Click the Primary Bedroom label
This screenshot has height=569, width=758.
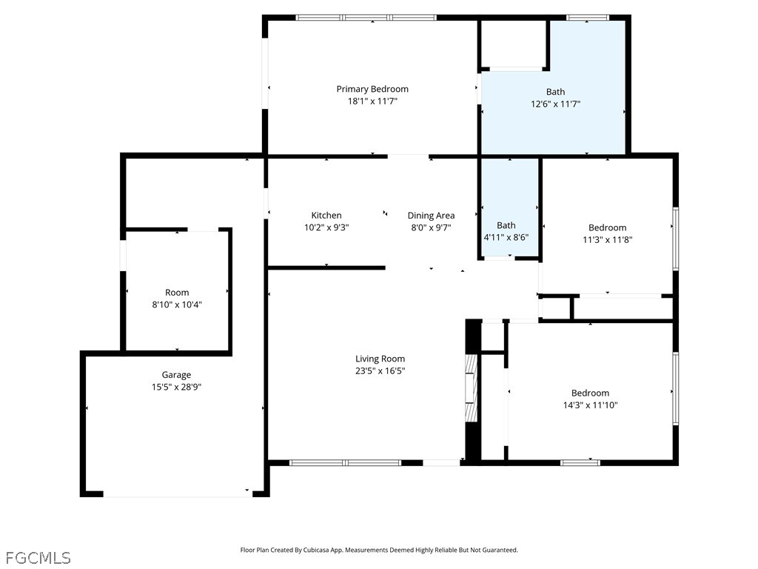click(372, 89)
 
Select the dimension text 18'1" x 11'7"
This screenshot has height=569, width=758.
click(372, 102)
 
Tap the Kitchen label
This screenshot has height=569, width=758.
click(326, 216)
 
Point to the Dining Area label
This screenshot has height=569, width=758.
click(431, 216)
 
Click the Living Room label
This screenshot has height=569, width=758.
click(380, 359)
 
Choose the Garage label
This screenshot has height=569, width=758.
click(176, 375)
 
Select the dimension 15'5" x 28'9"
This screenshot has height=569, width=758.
click(176, 387)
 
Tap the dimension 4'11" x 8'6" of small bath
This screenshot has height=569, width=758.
click(506, 238)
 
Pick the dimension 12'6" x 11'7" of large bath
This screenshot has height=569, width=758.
click(555, 104)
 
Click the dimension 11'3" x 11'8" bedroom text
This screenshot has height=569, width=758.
click(607, 239)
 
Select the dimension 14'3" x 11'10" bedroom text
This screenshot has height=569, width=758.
click(590, 405)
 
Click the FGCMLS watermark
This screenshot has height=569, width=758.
click(38, 557)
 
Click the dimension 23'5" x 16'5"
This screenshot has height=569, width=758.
click(380, 371)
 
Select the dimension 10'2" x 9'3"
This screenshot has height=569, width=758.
click(326, 228)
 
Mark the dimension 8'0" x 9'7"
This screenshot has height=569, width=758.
click(431, 228)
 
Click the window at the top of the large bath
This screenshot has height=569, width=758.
click(588, 18)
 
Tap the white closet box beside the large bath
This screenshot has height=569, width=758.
click(514, 44)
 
